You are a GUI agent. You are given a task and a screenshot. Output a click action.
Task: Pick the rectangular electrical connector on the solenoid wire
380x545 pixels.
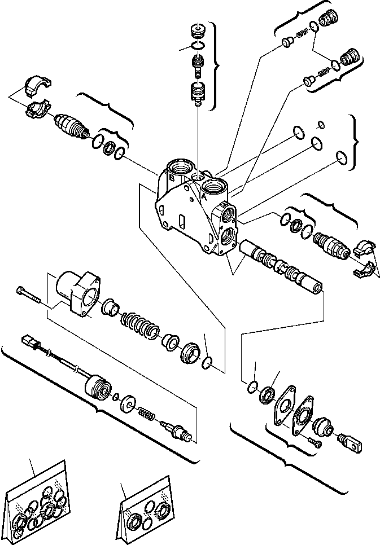pyautogui.click(x=30, y=342)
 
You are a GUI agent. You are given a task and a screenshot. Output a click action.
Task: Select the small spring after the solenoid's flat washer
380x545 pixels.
pyautogui.click(x=146, y=414)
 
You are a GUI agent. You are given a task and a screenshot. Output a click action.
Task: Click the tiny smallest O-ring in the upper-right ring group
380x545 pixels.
pyautogui.click(x=321, y=125)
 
